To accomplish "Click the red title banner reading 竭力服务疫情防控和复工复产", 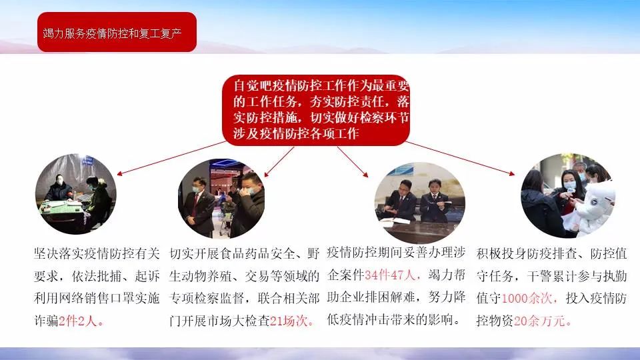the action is [117, 32].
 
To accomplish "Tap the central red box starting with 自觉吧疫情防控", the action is [316, 110].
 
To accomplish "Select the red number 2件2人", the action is [78, 321].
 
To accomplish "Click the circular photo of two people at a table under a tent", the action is [76, 194].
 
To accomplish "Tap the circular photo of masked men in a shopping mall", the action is [221, 199].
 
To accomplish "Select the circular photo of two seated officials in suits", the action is [419, 203].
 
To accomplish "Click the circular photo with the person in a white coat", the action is [568, 195].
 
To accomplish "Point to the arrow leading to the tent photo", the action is [171, 158].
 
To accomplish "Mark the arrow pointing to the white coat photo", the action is [461, 159].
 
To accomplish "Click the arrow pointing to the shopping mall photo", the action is [279, 161].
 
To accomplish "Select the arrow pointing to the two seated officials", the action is [353, 161].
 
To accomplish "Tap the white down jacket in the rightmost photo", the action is [592, 208].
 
